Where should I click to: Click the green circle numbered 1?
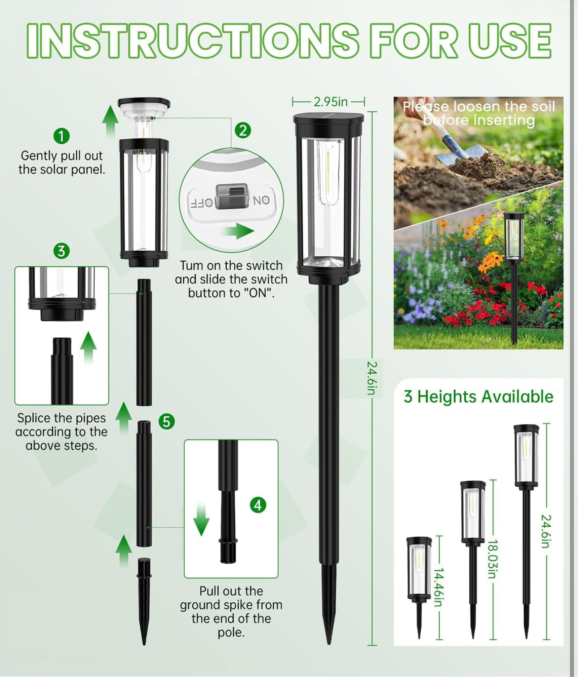tap(61, 136)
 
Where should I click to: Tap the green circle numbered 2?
tap(243, 130)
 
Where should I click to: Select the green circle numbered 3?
tap(61, 251)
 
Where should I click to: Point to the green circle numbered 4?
tap(258, 505)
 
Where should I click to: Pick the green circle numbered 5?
tap(167, 422)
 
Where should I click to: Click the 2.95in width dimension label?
tap(330, 102)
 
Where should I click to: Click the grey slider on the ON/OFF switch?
tap(232, 196)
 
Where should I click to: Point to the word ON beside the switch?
tap(261, 200)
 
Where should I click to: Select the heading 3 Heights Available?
tap(478, 397)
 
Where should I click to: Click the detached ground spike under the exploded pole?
tap(144, 600)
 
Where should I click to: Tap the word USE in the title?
tap(510, 40)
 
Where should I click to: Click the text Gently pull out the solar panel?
tap(62, 163)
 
